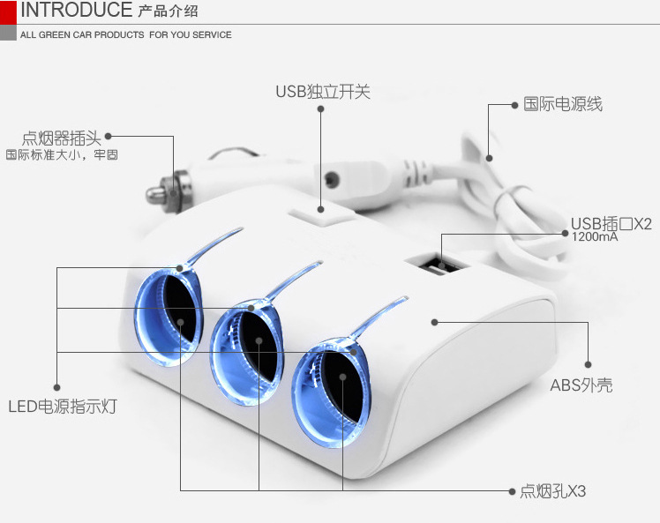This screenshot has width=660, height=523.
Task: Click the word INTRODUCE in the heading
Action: point(76,11)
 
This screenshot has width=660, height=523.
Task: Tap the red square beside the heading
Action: point(7,11)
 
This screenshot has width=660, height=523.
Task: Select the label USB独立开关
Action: point(322,92)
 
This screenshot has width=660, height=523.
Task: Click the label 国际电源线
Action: point(563,104)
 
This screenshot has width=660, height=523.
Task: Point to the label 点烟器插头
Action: point(62,138)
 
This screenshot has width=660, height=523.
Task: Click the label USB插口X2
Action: point(611,222)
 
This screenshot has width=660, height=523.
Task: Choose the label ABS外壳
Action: point(581,385)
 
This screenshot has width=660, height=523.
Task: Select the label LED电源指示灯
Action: point(62,407)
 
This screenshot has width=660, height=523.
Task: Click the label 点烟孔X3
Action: point(552,491)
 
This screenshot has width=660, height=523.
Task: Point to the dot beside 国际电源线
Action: point(514,105)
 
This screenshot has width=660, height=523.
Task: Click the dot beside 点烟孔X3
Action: point(513,490)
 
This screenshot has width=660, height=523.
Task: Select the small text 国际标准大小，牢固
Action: point(62,155)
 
